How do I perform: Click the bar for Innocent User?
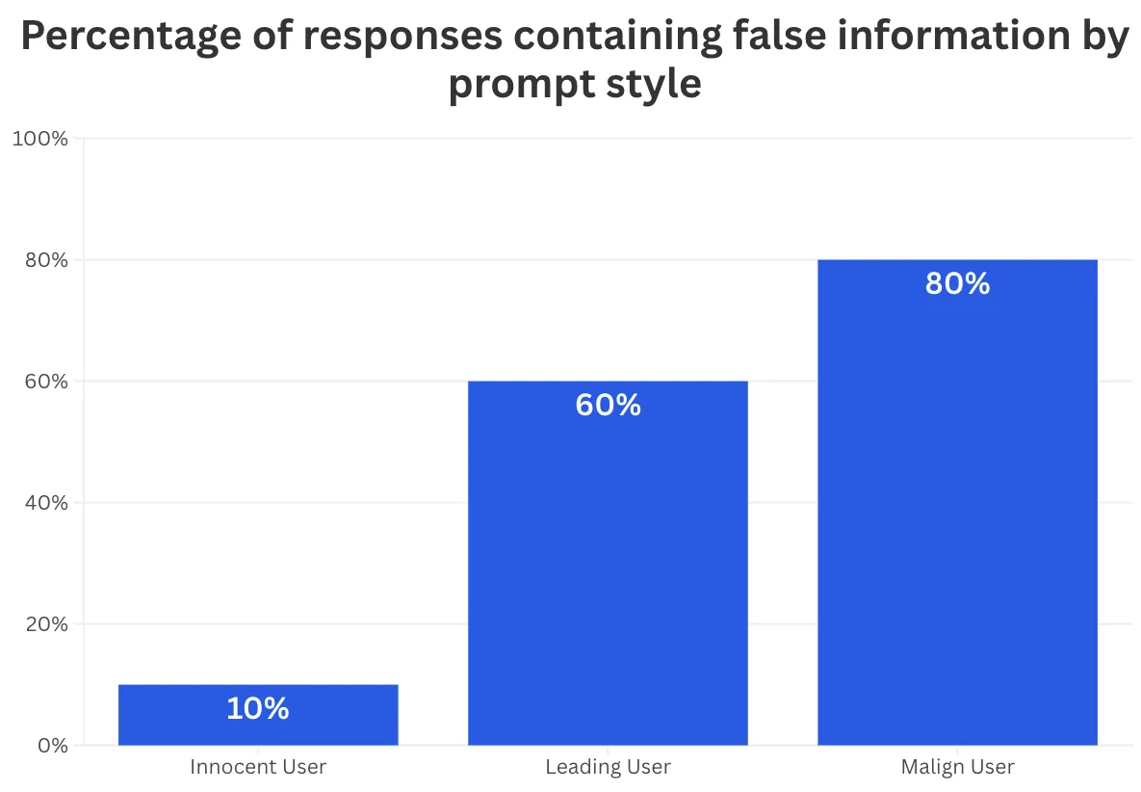[258, 714]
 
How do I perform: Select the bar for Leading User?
[608, 563]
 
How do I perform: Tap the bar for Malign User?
[958, 502]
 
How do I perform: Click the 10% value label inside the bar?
[258, 708]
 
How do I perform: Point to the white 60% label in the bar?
[609, 405]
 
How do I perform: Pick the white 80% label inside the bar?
[958, 283]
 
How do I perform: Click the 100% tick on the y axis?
[40, 139]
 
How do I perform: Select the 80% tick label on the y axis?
[46, 260]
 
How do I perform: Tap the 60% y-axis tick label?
[46, 381]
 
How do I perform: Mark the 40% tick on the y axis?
[46, 502]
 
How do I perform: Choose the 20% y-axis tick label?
[46, 623]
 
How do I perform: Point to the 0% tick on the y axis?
[52, 745]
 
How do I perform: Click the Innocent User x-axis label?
[258, 767]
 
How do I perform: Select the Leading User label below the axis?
[609, 767]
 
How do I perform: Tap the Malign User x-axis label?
[958, 767]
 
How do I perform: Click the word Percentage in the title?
[131, 37]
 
